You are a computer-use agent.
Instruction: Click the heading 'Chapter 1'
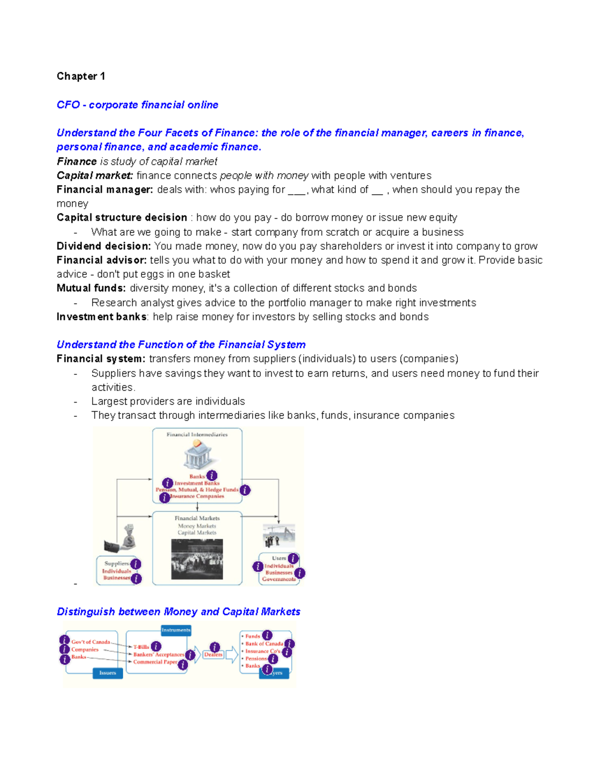(81, 76)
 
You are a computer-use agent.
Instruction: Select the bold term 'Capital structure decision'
(122, 218)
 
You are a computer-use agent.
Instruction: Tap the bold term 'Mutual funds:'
(91, 288)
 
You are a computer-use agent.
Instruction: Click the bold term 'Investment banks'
(101, 317)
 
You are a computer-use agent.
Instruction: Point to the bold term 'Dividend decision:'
(103, 246)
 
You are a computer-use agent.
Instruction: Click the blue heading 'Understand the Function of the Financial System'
(181, 345)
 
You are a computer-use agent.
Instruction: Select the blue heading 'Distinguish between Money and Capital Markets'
(178, 612)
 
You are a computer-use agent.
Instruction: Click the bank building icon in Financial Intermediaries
(198, 455)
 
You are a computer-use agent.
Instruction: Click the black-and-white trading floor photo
(197, 559)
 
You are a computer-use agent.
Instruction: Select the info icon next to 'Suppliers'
(136, 564)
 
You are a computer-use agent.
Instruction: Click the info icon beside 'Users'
(293, 559)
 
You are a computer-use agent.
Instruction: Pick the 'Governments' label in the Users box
(279, 579)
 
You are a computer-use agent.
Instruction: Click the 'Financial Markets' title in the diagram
(197, 518)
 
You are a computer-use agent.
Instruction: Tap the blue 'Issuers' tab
(107, 673)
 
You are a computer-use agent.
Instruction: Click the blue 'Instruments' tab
(176, 630)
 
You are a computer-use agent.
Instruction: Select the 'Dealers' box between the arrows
(213, 655)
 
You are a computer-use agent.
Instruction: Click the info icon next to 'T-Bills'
(156, 646)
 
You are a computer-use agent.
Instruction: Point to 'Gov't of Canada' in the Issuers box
(91, 642)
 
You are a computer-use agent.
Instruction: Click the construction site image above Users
(279, 536)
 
